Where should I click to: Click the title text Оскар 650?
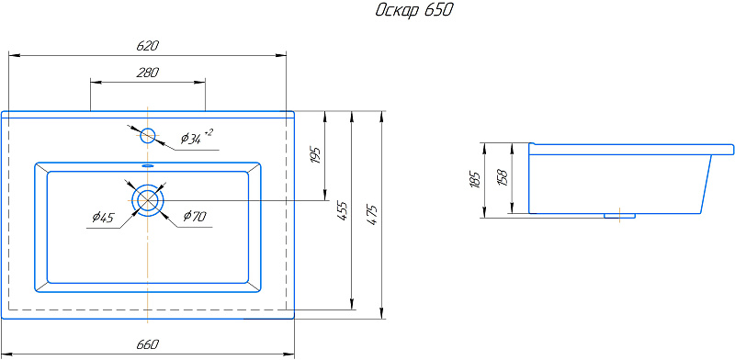(x=414, y=11)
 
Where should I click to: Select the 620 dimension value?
(x=148, y=46)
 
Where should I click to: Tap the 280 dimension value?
(x=148, y=73)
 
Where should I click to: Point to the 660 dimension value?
(x=148, y=344)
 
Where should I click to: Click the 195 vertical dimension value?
(x=316, y=155)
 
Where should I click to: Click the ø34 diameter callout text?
(x=191, y=139)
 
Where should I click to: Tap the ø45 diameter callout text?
(x=103, y=218)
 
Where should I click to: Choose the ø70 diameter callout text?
(x=195, y=216)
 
